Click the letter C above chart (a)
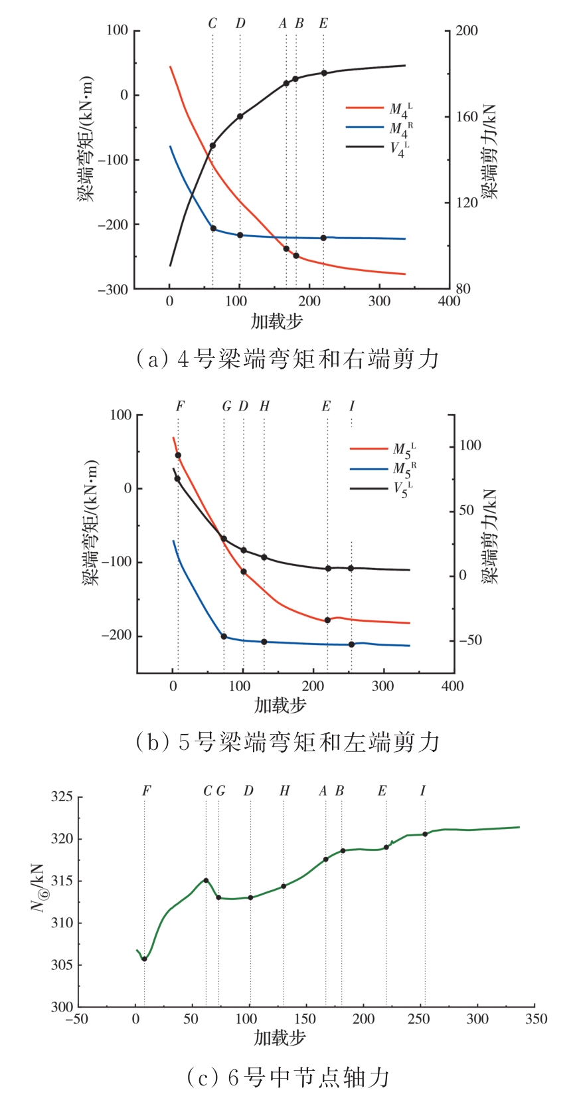[x=212, y=24]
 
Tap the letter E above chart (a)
[x=323, y=24]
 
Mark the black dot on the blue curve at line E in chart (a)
[x=323, y=238]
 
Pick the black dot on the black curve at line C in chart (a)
[x=212, y=145]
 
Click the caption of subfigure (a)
[x=287, y=359]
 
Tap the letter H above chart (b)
[x=264, y=407]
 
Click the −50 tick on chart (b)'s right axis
[x=469, y=640]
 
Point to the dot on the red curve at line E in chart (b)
[x=327, y=620]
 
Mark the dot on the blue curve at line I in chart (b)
[x=351, y=644]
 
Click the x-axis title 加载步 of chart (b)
[x=280, y=705]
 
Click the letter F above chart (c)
[x=146, y=791]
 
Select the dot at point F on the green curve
[x=144, y=959]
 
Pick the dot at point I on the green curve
[x=425, y=834]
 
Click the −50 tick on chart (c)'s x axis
[x=77, y=1019]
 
